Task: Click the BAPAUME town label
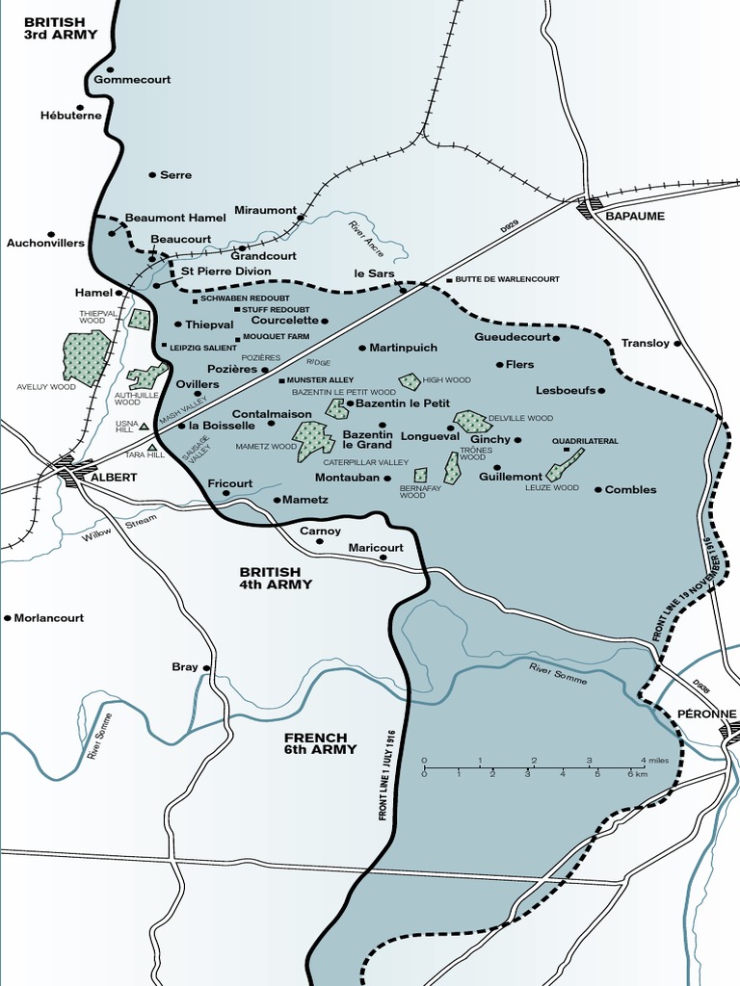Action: point(635,216)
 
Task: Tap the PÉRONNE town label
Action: point(705,714)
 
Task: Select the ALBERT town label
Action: point(113,477)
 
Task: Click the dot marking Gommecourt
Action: point(110,69)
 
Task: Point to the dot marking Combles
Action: point(597,490)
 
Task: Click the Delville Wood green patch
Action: point(472,422)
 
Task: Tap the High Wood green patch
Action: point(410,381)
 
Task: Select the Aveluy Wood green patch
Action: point(86,357)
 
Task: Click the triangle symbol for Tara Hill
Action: point(151,447)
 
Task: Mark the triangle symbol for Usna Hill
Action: point(144,426)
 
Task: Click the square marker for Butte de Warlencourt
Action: point(448,280)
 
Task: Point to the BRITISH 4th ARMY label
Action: point(276,578)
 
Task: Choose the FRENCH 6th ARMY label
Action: point(320,742)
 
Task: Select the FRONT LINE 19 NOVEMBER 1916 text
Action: point(684,588)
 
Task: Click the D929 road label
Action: point(509,225)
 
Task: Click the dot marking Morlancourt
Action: point(8,617)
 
